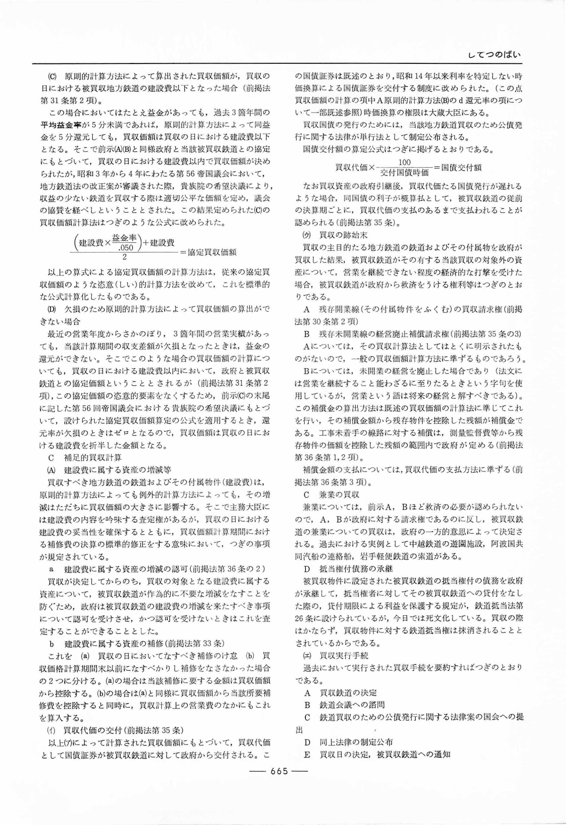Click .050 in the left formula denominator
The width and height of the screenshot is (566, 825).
127,247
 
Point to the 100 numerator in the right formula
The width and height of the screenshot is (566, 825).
405,162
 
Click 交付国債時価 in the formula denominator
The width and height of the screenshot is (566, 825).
405,173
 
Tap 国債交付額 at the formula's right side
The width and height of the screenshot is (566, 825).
461,168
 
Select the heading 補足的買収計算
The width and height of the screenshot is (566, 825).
93,458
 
